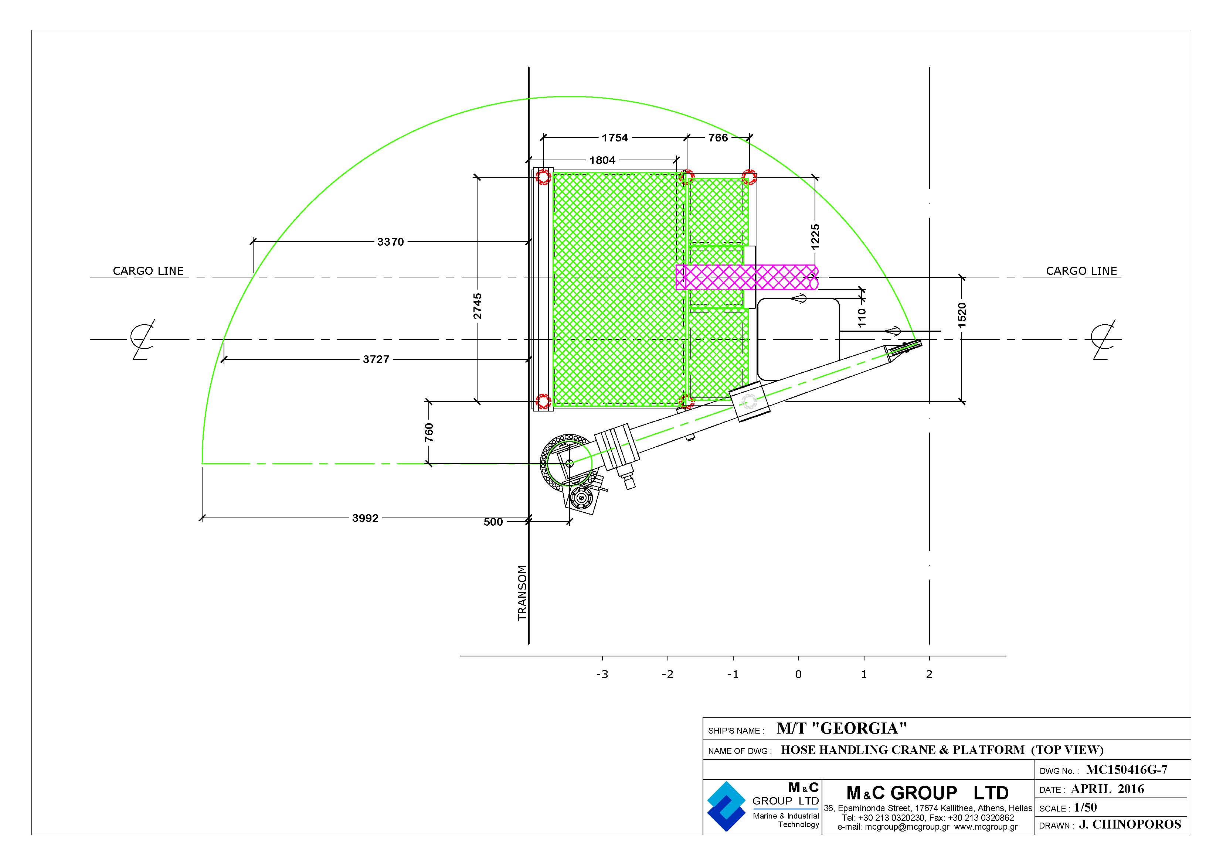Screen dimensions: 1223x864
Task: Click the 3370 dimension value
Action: (x=390, y=242)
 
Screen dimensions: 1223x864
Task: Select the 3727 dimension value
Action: (x=376, y=359)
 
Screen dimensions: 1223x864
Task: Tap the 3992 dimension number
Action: (x=366, y=518)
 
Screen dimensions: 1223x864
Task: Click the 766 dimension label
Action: (x=718, y=138)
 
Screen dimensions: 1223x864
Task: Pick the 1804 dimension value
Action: (x=602, y=160)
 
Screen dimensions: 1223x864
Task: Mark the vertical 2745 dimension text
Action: (x=478, y=306)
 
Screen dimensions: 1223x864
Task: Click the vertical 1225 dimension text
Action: (x=815, y=237)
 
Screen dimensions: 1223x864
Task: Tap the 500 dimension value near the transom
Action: (x=493, y=522)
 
